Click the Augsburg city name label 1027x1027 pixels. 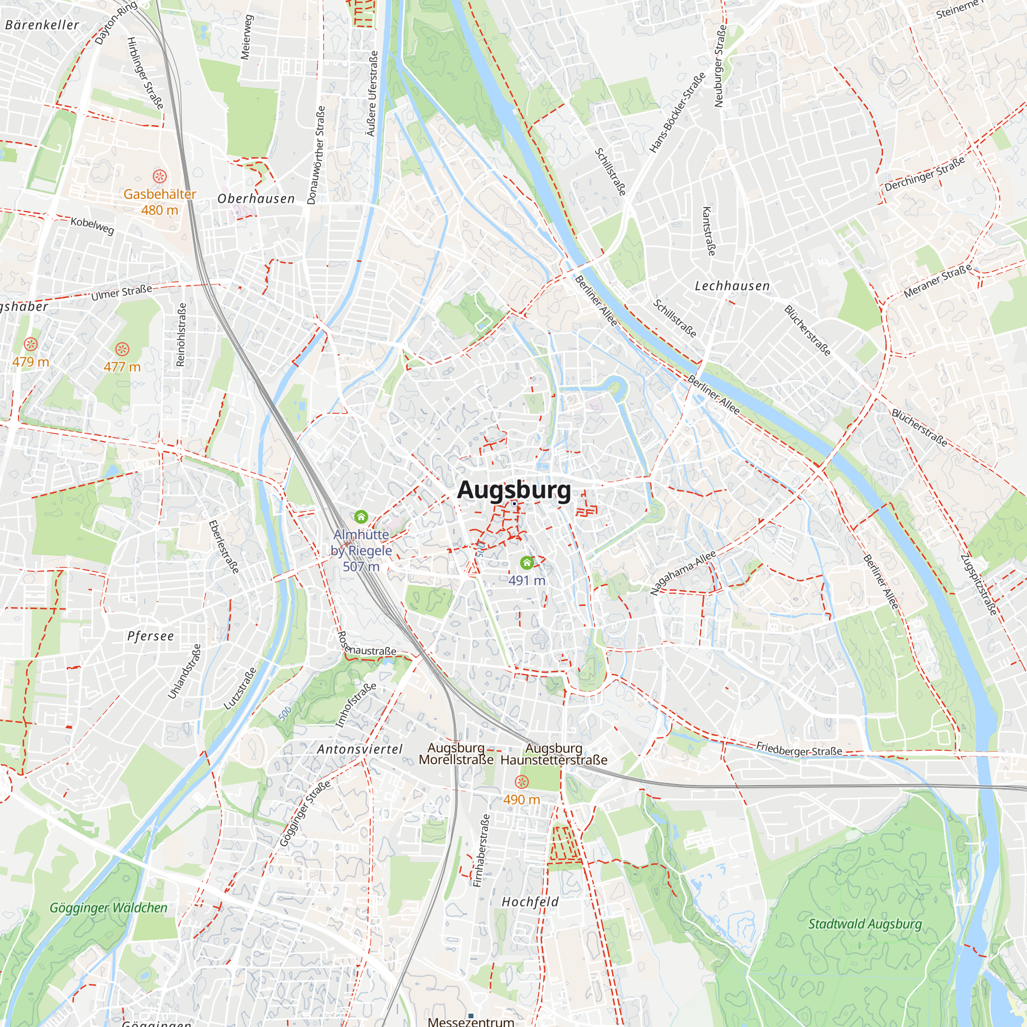513,489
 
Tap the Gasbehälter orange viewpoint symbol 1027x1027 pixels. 160,176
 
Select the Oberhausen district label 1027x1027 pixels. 256,199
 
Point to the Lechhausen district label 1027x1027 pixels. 732,286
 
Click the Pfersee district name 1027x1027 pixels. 150,636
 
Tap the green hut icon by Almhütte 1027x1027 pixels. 361,516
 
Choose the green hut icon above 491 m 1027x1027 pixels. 527,562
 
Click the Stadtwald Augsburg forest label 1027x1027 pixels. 865,924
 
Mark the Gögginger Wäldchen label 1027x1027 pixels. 108,908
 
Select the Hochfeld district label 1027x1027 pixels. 530,902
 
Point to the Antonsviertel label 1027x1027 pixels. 360,750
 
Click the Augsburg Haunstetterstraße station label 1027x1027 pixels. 554,754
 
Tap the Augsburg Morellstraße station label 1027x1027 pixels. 456,754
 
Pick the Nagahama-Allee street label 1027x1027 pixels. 682,573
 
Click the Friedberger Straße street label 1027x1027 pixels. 799,749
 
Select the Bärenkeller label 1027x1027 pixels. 42,25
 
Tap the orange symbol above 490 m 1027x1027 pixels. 522,782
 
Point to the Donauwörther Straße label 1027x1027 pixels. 316,155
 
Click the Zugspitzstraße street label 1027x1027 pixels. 978,585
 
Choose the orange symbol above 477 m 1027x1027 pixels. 122,349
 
